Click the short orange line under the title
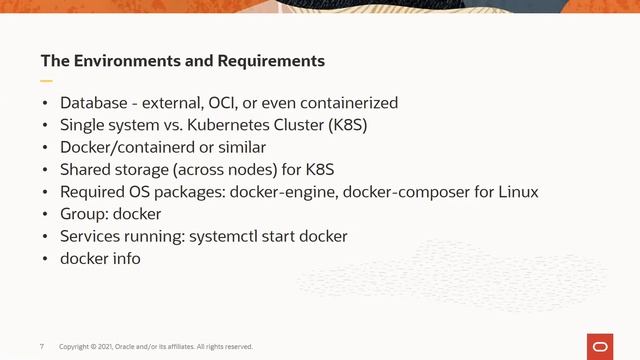(46, 80)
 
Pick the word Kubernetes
(244, 125)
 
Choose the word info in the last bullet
(126, 258)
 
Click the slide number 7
(41, 347)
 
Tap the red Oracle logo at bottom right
(601, 346)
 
